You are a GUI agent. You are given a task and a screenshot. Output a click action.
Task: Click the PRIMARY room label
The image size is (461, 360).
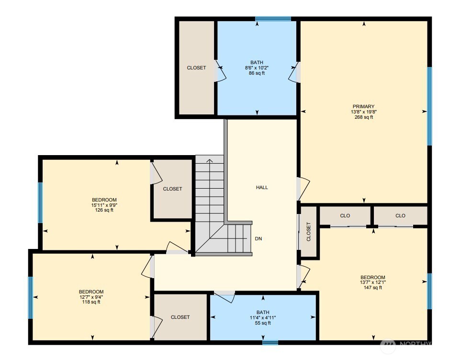(x=363, y=107)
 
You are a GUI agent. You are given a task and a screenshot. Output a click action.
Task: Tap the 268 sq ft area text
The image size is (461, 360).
(x=363, y=117)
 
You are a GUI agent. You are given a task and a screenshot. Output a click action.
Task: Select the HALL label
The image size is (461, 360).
(x=262, y=188)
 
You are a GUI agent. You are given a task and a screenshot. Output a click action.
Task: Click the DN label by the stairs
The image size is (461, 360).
(x=258, y=238)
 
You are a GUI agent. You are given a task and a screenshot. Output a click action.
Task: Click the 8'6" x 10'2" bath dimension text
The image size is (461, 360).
(x=257, y=68)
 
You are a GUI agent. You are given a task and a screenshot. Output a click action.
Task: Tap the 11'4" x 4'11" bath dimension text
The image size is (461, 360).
(x=263, y=318)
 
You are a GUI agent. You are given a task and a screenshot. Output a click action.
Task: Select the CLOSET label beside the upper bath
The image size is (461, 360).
(x=196, y=68)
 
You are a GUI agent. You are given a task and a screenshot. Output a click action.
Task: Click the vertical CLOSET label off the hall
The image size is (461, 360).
(x=309, y=231)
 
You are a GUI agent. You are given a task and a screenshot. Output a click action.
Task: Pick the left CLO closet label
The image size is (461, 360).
(x=345, y=216)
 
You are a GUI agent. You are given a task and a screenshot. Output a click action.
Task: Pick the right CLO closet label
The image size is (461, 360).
(x=400, y=216)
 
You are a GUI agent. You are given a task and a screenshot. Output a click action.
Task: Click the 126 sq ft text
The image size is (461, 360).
(x=104, y=210)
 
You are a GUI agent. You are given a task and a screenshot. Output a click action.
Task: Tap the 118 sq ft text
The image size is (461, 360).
(x=91, y=302)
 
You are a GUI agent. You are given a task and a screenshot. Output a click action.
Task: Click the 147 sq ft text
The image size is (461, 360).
(x=372, y=288)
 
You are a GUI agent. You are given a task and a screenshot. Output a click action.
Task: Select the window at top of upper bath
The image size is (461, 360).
(x=273, y=19)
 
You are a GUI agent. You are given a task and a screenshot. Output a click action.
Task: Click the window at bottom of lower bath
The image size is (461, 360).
(x=270, y=342)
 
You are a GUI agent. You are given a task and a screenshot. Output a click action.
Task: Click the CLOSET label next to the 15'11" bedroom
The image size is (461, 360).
(x=172, y=189)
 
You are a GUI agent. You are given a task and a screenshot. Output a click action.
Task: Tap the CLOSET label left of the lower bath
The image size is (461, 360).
(x=180, y=317)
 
